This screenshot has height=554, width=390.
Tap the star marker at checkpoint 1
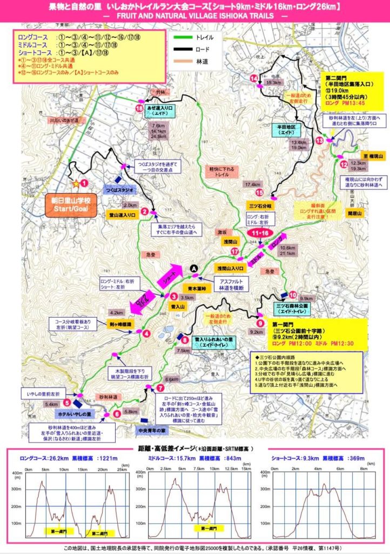[76, 183]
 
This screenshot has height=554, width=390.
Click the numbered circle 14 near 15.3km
[253, 79]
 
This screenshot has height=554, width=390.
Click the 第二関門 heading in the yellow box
[338, 77]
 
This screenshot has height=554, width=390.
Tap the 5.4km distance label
[51, 404]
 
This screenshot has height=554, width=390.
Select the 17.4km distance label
[253, 185]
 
